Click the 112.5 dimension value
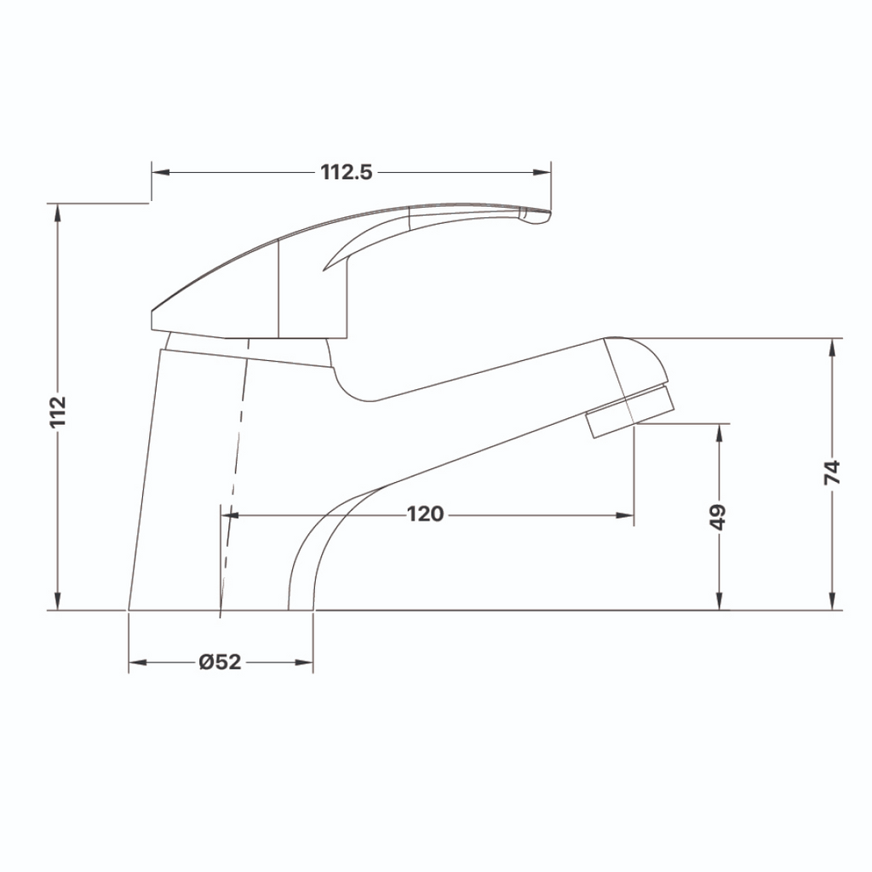click(347, 172)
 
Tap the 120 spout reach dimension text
click(425, 514)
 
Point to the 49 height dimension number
click(720, 516)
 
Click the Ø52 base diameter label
click(220, 663)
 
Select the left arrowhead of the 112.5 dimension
click(158, 172)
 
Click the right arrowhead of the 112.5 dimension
click(545, 172)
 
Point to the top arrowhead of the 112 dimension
click(57, 211)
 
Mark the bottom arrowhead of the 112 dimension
click(57, 604)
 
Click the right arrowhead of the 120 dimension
click(627, 515)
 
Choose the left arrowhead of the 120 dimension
click(228, 515)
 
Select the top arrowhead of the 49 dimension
click(720, 431)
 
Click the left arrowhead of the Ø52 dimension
click(135, 663)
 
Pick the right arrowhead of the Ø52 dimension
click(307, 663)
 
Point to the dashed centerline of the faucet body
click(232, 477)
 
